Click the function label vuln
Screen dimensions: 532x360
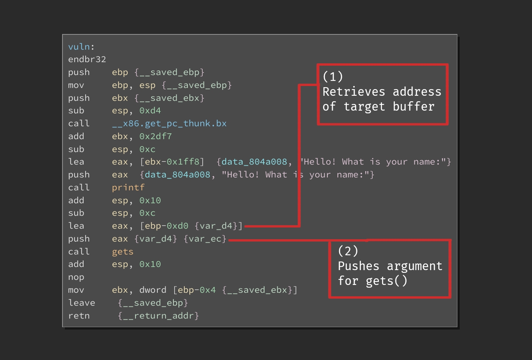click(x=79, y=47)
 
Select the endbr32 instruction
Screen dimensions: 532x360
click(x=87, y=59)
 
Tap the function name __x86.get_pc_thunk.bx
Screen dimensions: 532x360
click(x=169, y=124)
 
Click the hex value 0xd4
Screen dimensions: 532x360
click(x=150, y=111)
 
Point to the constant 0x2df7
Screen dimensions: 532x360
click(x=155, y=136)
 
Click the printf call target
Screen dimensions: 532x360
click(x=128, y=188)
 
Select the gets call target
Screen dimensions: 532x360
click(x=123, y=252)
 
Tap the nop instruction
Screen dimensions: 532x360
click(x=76, y=277)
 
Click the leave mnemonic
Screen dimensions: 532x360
click(x=82, y=303)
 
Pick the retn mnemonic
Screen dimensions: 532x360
click(x=79, y=316)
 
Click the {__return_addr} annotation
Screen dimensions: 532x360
click(x=158, y=316)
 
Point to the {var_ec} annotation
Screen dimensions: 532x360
click(x=205, y=239)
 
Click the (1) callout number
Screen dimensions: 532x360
click(x=333, y=77)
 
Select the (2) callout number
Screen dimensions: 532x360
click(x=348, y=251)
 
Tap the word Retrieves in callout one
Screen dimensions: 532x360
click(x=353, y=92)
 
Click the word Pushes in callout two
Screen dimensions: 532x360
click(x=359, y=266)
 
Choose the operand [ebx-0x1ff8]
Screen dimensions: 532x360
click(x=172, y=162)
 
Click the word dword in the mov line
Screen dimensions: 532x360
click(x=153, y=290)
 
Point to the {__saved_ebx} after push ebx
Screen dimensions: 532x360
click(x=170, y=98)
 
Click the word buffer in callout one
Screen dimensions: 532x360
click(x=414, y=106)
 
